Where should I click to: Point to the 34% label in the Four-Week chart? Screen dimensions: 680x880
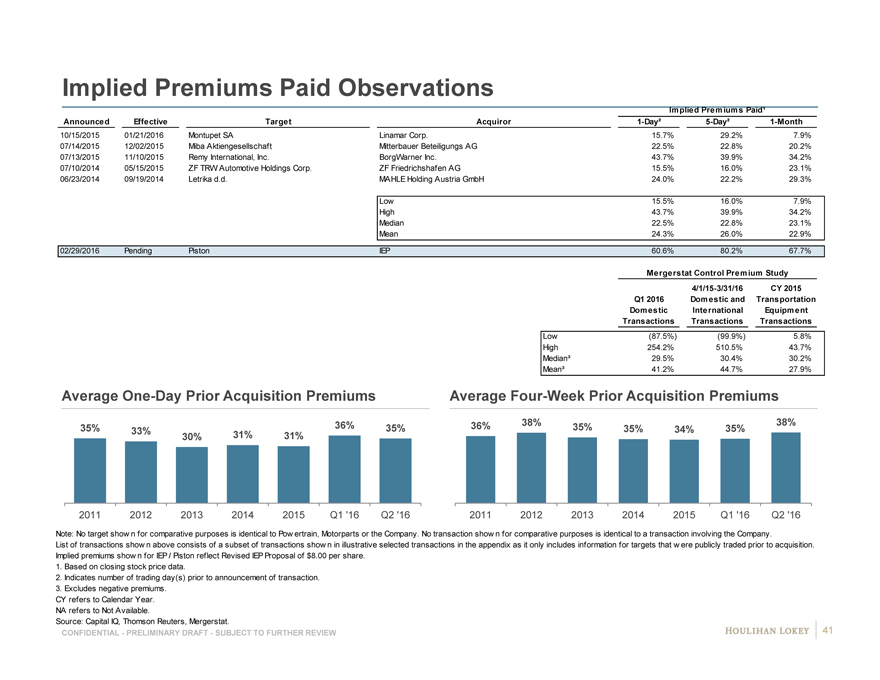[x=684, y=430]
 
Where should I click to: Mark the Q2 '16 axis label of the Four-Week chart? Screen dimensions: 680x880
[x=785, y=515]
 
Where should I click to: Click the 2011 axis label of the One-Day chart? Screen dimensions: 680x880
[x=90, y=515]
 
